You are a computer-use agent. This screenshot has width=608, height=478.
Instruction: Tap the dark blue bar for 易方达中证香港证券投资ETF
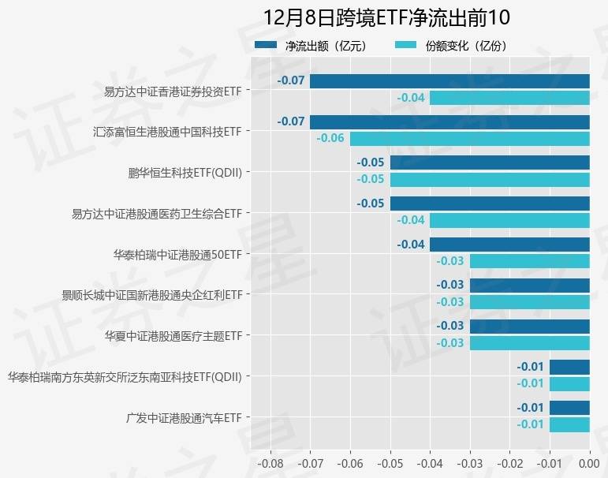(449, 80)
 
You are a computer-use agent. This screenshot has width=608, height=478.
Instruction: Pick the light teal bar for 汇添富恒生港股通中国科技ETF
(470, 139)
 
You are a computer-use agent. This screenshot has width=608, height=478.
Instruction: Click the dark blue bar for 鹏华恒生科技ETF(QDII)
(490, 162)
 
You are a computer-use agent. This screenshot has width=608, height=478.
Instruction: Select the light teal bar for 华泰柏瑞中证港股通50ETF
(530, 261)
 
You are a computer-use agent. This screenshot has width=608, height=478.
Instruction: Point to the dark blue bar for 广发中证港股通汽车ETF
(569, 408)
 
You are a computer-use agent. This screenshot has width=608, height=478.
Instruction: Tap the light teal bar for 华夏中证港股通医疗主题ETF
(530, 343)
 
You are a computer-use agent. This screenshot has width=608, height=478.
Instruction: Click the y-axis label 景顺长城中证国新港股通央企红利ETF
(151, 296)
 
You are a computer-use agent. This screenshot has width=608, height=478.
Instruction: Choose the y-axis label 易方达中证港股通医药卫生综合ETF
(156, 214)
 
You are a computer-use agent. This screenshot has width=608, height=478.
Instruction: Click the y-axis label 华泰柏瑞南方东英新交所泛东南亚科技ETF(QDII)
(124, 377)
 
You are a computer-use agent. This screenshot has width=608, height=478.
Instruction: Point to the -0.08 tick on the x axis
(270, 462)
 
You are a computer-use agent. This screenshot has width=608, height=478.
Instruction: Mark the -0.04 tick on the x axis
(430, 462)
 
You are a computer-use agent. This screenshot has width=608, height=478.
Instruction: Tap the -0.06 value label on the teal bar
(330, 139)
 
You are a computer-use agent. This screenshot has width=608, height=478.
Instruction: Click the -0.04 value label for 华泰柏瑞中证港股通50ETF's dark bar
(411, 245)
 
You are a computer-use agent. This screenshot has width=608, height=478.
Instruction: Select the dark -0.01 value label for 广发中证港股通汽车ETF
(530, 408)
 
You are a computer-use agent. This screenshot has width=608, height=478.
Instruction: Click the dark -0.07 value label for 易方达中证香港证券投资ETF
(291, 80)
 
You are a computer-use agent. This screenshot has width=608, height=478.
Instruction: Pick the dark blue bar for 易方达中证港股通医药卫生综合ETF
(490, 204)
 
